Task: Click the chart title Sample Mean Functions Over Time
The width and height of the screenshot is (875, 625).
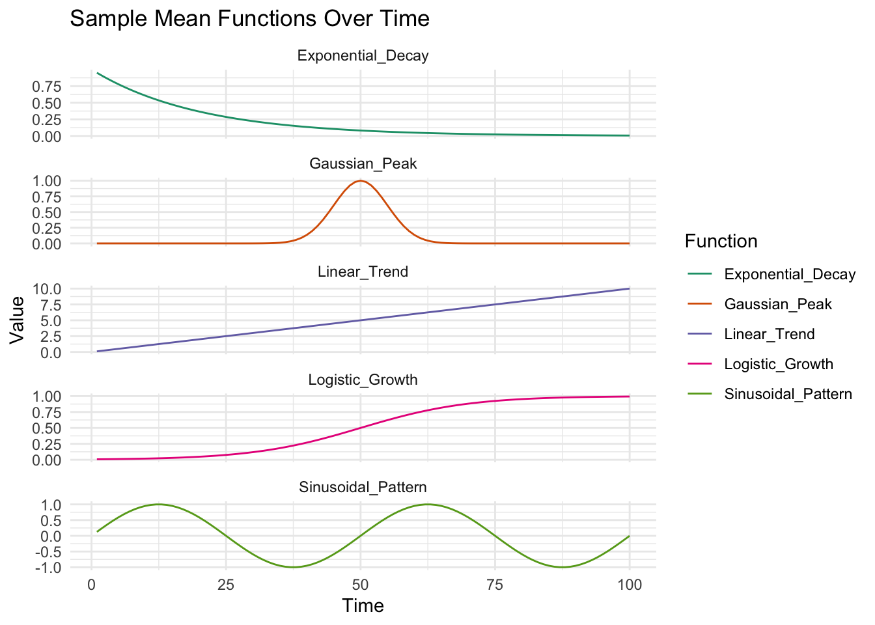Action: pyautogui.click(x=249, y=18)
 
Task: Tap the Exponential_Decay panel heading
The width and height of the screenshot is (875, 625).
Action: pyautogui.click(x=363, y=56)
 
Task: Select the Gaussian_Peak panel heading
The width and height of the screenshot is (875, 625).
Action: pyautogui.click(x=363, y=164)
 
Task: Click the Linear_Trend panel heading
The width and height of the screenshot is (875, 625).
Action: pyautogui.click(x=363, y=272)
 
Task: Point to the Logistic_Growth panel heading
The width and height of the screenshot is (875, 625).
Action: pyautogui.click(x=363, y=380)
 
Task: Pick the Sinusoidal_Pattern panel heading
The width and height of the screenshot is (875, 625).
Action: pyautogui.click(x=363, y=488)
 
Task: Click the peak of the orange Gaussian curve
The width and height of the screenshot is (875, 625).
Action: pyautogui.click(x=360, y=181)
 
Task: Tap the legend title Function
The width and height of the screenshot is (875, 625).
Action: pyautogui.click(x=721, y=242)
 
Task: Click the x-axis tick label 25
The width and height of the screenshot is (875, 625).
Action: pyautogui.click(x=225, y=585)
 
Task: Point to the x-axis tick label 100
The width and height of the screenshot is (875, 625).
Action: pyautogui.click(x=629, y=585)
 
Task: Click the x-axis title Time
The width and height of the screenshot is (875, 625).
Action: pyautogui.click(x=363, y=606)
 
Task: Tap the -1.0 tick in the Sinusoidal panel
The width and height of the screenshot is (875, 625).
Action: pyautogui.click(x=49, y=568)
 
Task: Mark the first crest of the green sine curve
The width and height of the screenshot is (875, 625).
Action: pyautogui.click(x=158, y=504)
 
